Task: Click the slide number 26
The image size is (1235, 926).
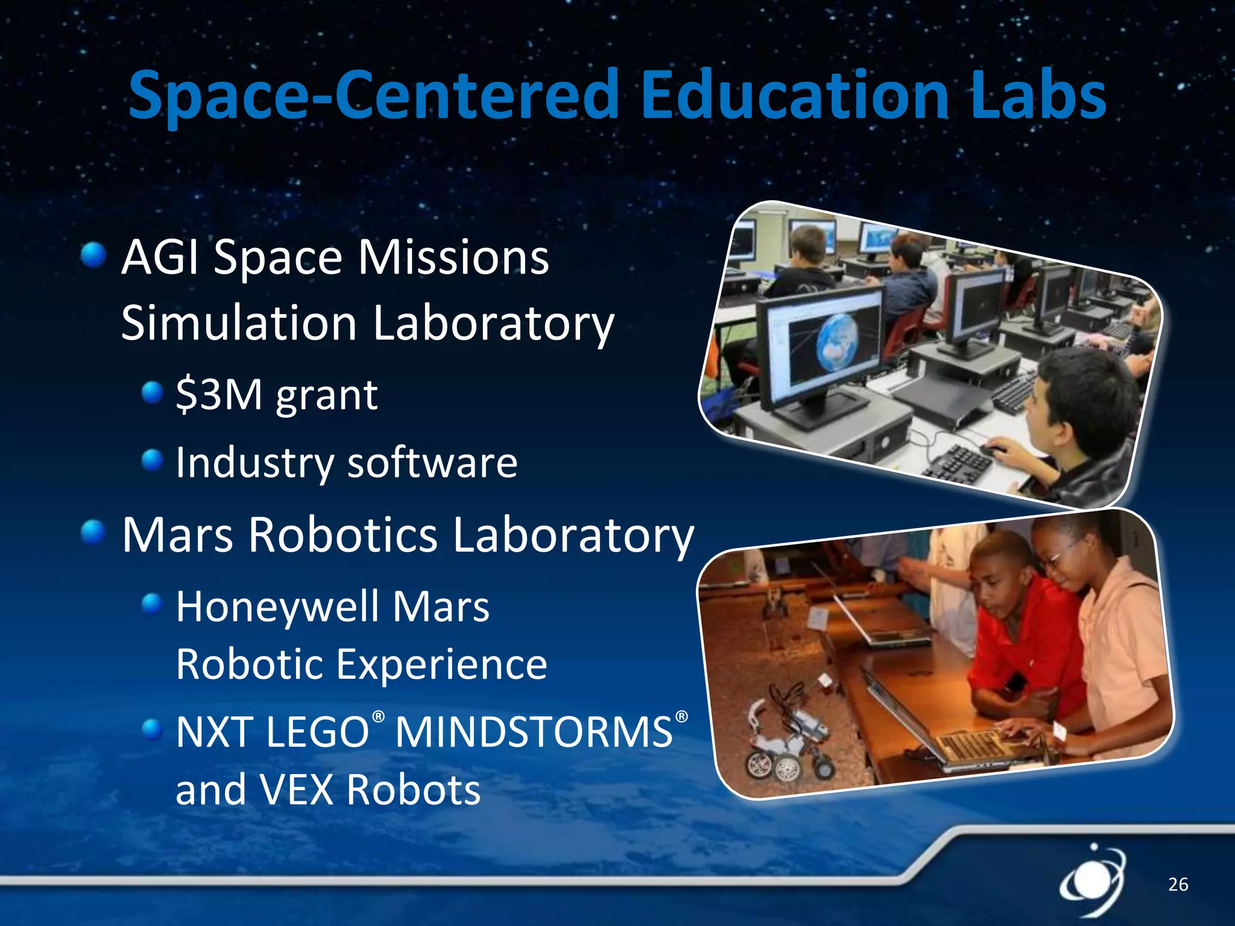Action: (1178, 884)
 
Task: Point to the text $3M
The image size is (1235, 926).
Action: (219, 395)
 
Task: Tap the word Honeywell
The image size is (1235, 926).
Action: (277, 608)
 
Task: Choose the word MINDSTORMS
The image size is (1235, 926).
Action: (534, 732)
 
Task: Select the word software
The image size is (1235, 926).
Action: (432, 462)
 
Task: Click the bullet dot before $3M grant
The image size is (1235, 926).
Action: (153, 393)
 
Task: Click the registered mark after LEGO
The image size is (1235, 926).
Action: (378, 717)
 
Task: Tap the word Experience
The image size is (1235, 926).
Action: (441, 665)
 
